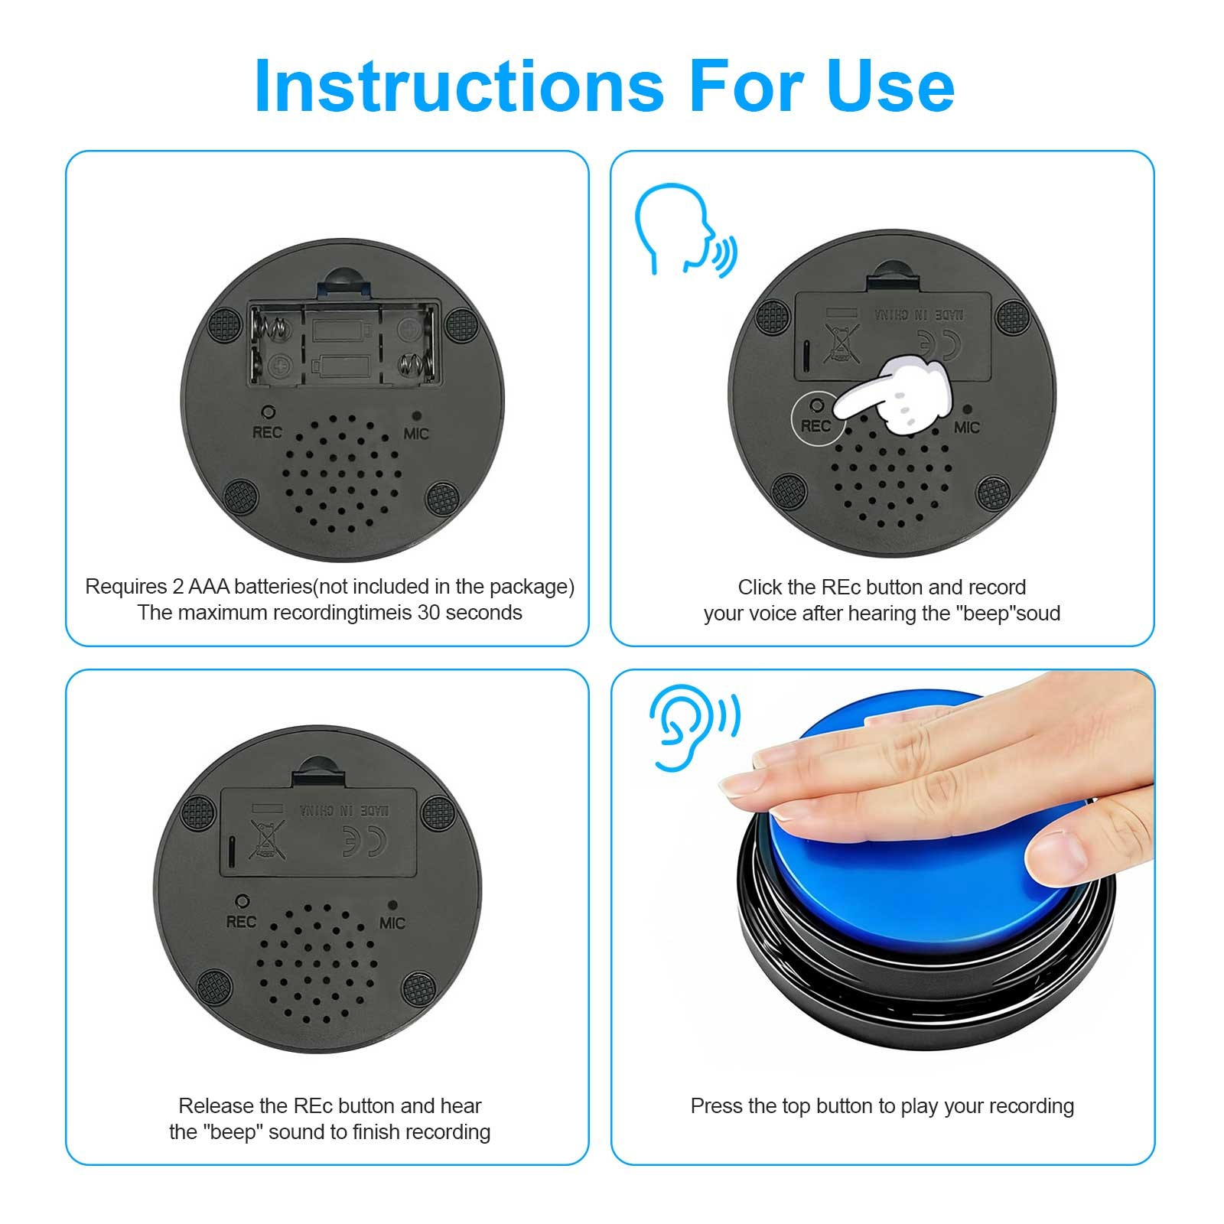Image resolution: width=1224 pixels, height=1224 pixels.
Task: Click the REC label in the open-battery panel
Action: [x=267, y=433]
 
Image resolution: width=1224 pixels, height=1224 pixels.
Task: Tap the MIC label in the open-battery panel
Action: [x=416, y=434]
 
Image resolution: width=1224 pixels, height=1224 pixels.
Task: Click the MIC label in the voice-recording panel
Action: [x=966, y=428]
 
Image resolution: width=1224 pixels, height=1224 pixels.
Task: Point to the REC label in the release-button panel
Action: [x=241, y=922]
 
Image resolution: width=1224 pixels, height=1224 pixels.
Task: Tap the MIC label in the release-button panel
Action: [x=392, y=923]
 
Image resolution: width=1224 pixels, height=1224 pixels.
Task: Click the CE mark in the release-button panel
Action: [x=363, y=842]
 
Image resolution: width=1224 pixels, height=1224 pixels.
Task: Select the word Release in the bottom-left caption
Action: [x=216, y=1106]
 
